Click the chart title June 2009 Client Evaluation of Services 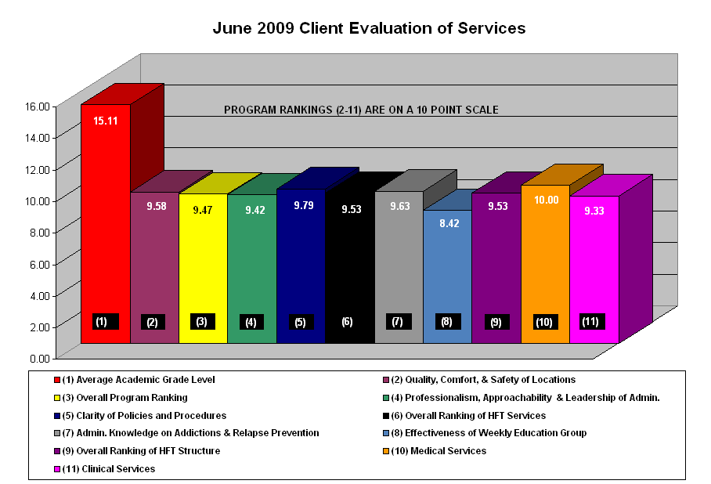point(369,28)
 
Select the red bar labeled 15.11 point(105,227)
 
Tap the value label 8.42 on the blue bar point(447,223)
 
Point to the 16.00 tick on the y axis point(39,106)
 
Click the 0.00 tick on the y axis point(39,358)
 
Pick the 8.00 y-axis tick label point(39,232)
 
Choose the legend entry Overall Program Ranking point(125,397)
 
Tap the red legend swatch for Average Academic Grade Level point(56,380)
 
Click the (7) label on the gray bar point(397,321)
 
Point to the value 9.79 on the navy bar point(301,205)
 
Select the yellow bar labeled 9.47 point(203,266)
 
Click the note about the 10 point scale point(361,110)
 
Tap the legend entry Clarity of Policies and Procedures point(143,415)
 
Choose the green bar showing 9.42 point(251,266)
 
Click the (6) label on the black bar point(348,321)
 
